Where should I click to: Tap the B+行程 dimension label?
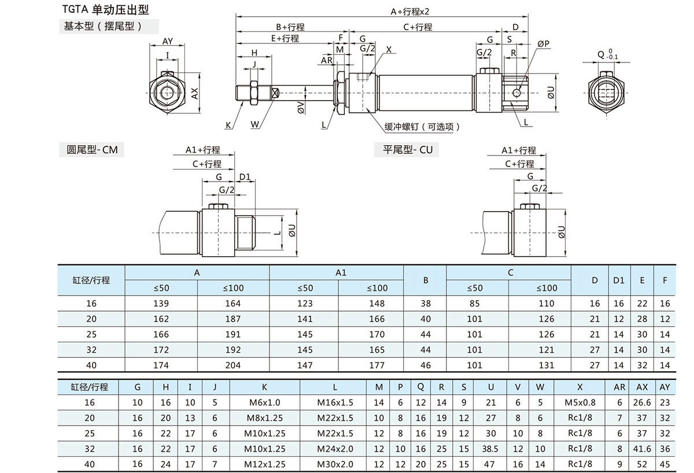point(290,27)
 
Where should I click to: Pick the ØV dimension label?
point(301,107)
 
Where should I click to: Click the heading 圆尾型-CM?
point(91,150)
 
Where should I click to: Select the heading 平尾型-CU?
point(407,150)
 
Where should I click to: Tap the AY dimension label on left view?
point(168,41)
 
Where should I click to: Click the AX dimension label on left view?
point(195,93)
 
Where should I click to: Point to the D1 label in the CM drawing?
point(245,176)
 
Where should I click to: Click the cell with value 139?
point(161,304)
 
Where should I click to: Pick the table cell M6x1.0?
point(265,402)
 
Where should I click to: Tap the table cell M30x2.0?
point(335,464)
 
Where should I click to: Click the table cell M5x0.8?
point(579,402)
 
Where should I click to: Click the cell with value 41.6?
point(642,449)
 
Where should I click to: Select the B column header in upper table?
point(426,280)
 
